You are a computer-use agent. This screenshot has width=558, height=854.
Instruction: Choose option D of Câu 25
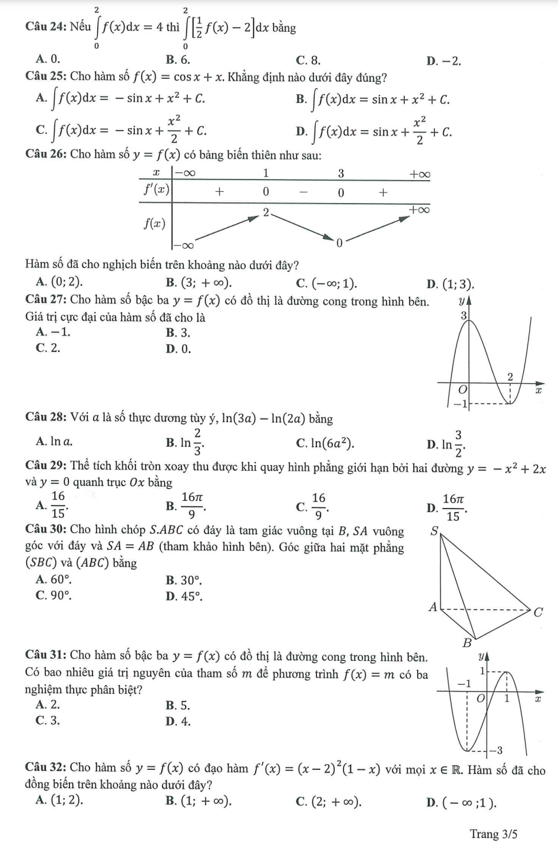tap(374, 131)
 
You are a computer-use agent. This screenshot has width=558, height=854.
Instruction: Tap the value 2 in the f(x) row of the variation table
tap(266, 212)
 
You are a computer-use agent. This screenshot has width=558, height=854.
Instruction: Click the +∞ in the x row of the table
tap(420, 174)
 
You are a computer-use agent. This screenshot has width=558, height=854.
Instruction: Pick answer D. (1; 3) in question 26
tap(450, 285)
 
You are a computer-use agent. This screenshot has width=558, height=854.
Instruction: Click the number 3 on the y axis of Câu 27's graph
tap(463, 316)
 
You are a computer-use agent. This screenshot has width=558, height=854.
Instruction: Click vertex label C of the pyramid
tap(537, 612)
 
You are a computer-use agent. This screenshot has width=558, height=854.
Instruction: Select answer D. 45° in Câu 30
tap(184, 596)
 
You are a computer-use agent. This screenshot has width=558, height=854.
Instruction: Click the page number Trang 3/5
tap(493, 834)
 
